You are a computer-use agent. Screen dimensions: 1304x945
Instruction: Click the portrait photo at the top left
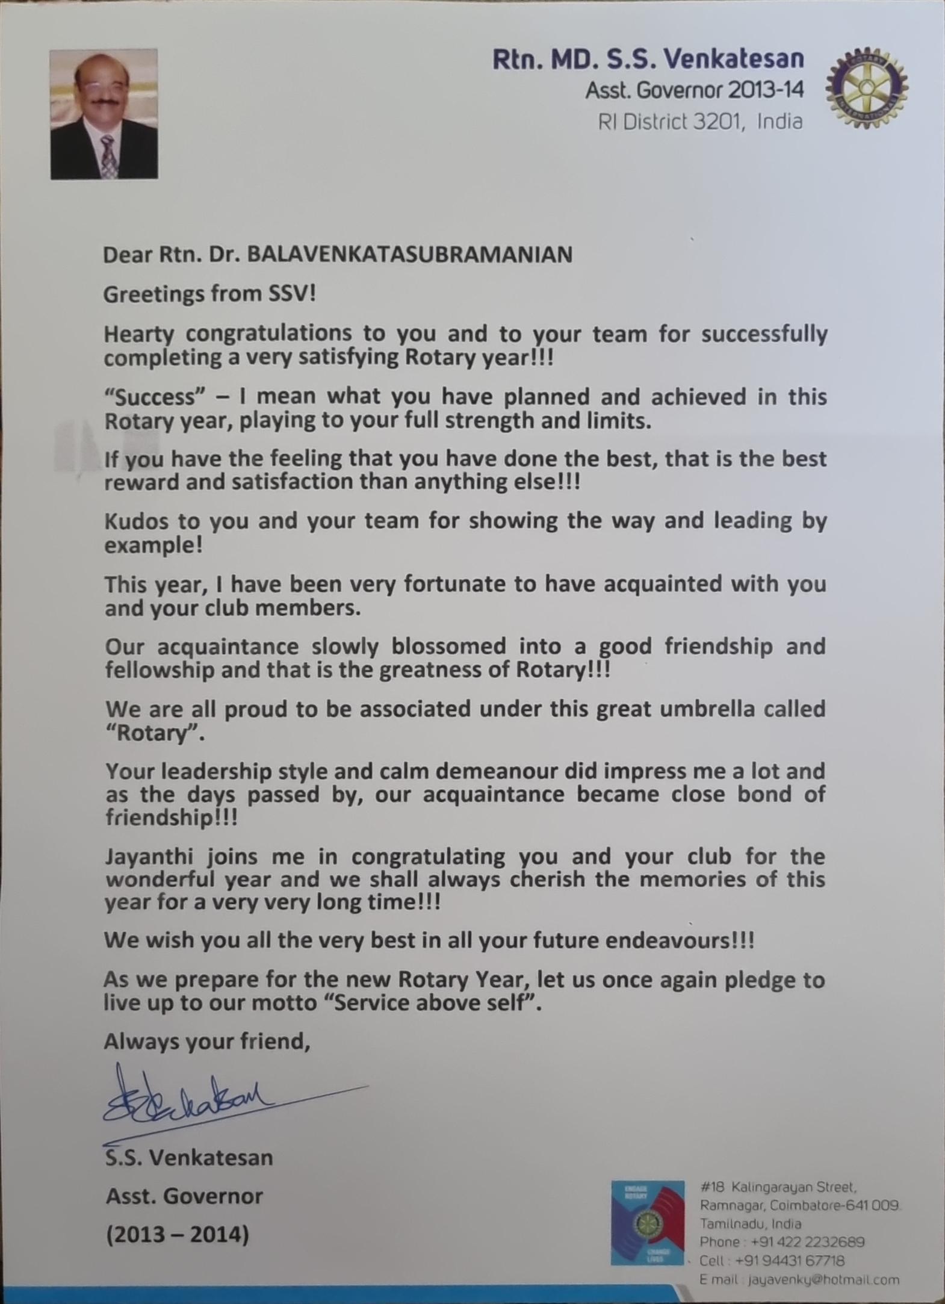(x=104, y=114)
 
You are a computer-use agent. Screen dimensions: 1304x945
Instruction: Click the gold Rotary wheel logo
(x=866, y=88)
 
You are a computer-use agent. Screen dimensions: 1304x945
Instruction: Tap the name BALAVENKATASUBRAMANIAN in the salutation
(x=409, y=255)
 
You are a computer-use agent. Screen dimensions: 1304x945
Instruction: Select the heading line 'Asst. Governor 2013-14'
(x=694, y=90)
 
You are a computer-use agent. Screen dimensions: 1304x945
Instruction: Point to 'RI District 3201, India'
(x=700, y=122)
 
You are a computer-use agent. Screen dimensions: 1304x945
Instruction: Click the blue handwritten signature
(x=199, y=1103)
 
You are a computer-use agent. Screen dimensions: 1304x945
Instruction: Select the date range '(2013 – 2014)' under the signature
(x=177, y=1235)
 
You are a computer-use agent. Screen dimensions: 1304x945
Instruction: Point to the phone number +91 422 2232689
(x=807, y=1242)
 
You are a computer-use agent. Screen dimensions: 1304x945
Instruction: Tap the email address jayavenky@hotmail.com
(x=823, y=1280)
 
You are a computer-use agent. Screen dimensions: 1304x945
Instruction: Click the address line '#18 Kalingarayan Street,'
(x=778, y=1187)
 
